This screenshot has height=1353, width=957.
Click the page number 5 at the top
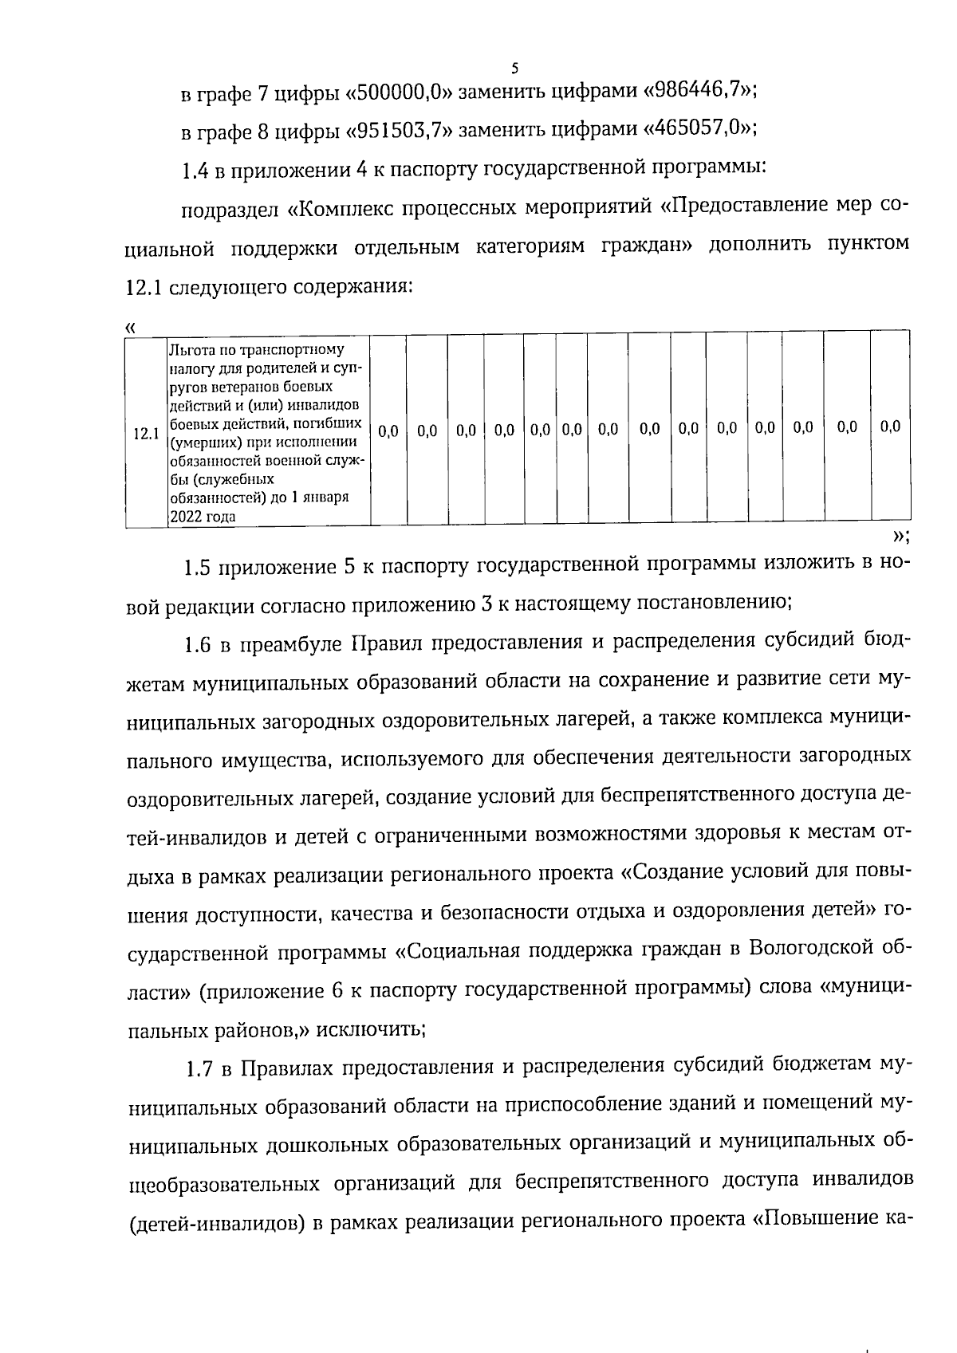tap(515, 68)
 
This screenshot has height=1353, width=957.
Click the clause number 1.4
tap(196, 168)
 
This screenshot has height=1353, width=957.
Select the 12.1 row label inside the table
tap(145, 434)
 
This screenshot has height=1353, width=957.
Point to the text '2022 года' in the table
tap(202, 517)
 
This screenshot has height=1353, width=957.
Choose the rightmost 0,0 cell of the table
tap(890, 427)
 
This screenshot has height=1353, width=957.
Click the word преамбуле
tap(288, 643)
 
